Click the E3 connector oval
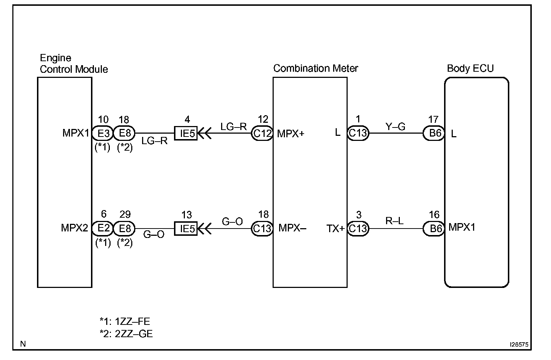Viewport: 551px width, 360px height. pyautogui.click(x=103, y=133)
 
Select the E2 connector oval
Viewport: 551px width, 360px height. pyautogui.click(x=103, y=229)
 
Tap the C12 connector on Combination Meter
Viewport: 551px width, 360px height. pyautogui.click(x=262, y=134)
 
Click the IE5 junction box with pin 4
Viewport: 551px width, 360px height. pyautogui.click(x=186, y=133)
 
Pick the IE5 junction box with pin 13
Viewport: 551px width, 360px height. pyautogui.click(x=186, y=229)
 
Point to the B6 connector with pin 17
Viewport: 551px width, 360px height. pyautogui.click(x=434, y=133)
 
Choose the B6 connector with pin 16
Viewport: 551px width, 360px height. pyautogui.click(x=434, y=229)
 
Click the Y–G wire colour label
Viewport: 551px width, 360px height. pyautogui.click(x=395, y=126)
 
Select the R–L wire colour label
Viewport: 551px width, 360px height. pyautogui.click(x=394, y=221)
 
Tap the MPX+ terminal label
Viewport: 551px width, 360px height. pyautogui.click(x=291, y=134)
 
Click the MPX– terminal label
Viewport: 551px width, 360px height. pyautogui.click(x=292, y=228)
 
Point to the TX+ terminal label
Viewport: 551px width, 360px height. pyautogui.click(x=335, y=229)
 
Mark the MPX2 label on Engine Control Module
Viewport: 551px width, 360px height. pyautogui.click(x=74, y=228)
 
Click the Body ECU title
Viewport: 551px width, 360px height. pyautogui.click(x=470, y=68)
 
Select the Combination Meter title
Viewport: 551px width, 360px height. pyautogui.click(x=315, y=68)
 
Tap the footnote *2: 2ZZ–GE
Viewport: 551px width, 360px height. pyautogui.click(x=126, y=334)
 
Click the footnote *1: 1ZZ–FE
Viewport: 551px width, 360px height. pyautogui.click(x=125, y=321)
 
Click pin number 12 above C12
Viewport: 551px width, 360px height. pyautogui.click(x=263, y=120)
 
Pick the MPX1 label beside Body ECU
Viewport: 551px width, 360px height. pyautogui.click(x=461, y=227)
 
